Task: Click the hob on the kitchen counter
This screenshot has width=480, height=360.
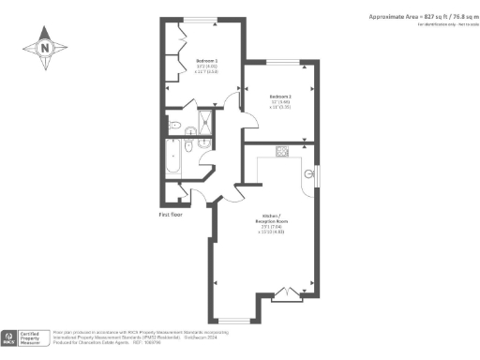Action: tap(280, 152)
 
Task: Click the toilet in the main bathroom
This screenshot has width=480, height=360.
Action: tap(190, 147)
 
